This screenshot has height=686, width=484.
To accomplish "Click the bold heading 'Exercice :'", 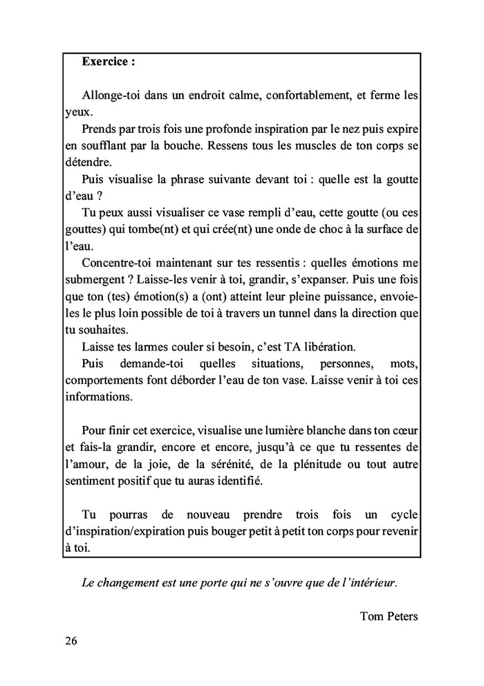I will point(108,61).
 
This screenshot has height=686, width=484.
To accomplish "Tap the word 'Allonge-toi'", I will point(110,95).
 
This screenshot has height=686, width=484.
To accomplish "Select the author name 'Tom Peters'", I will point(389,615).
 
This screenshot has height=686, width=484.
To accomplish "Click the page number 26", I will point(71,640).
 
